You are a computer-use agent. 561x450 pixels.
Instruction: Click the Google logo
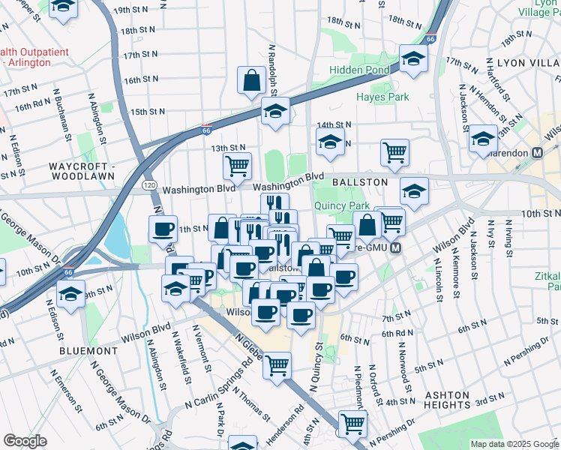coord(25,441)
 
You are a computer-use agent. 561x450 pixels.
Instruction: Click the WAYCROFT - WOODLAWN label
coord(81,170)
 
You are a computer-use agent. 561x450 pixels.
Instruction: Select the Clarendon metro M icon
coord(536,152)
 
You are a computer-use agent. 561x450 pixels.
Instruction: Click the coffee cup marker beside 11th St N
coord(162,229)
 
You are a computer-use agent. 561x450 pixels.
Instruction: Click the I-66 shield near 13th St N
coord(205,130)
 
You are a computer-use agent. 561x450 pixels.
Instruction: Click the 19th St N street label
coord(127,12)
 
